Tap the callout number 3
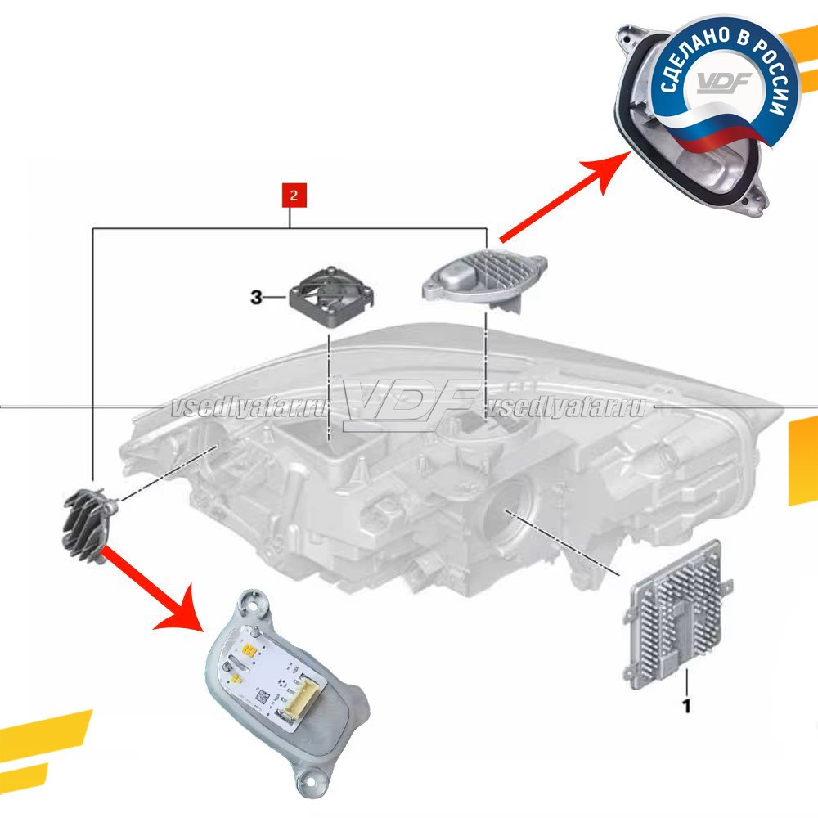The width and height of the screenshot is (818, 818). coord(257,299)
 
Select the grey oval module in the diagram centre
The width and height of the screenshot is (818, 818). coord(483,278)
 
